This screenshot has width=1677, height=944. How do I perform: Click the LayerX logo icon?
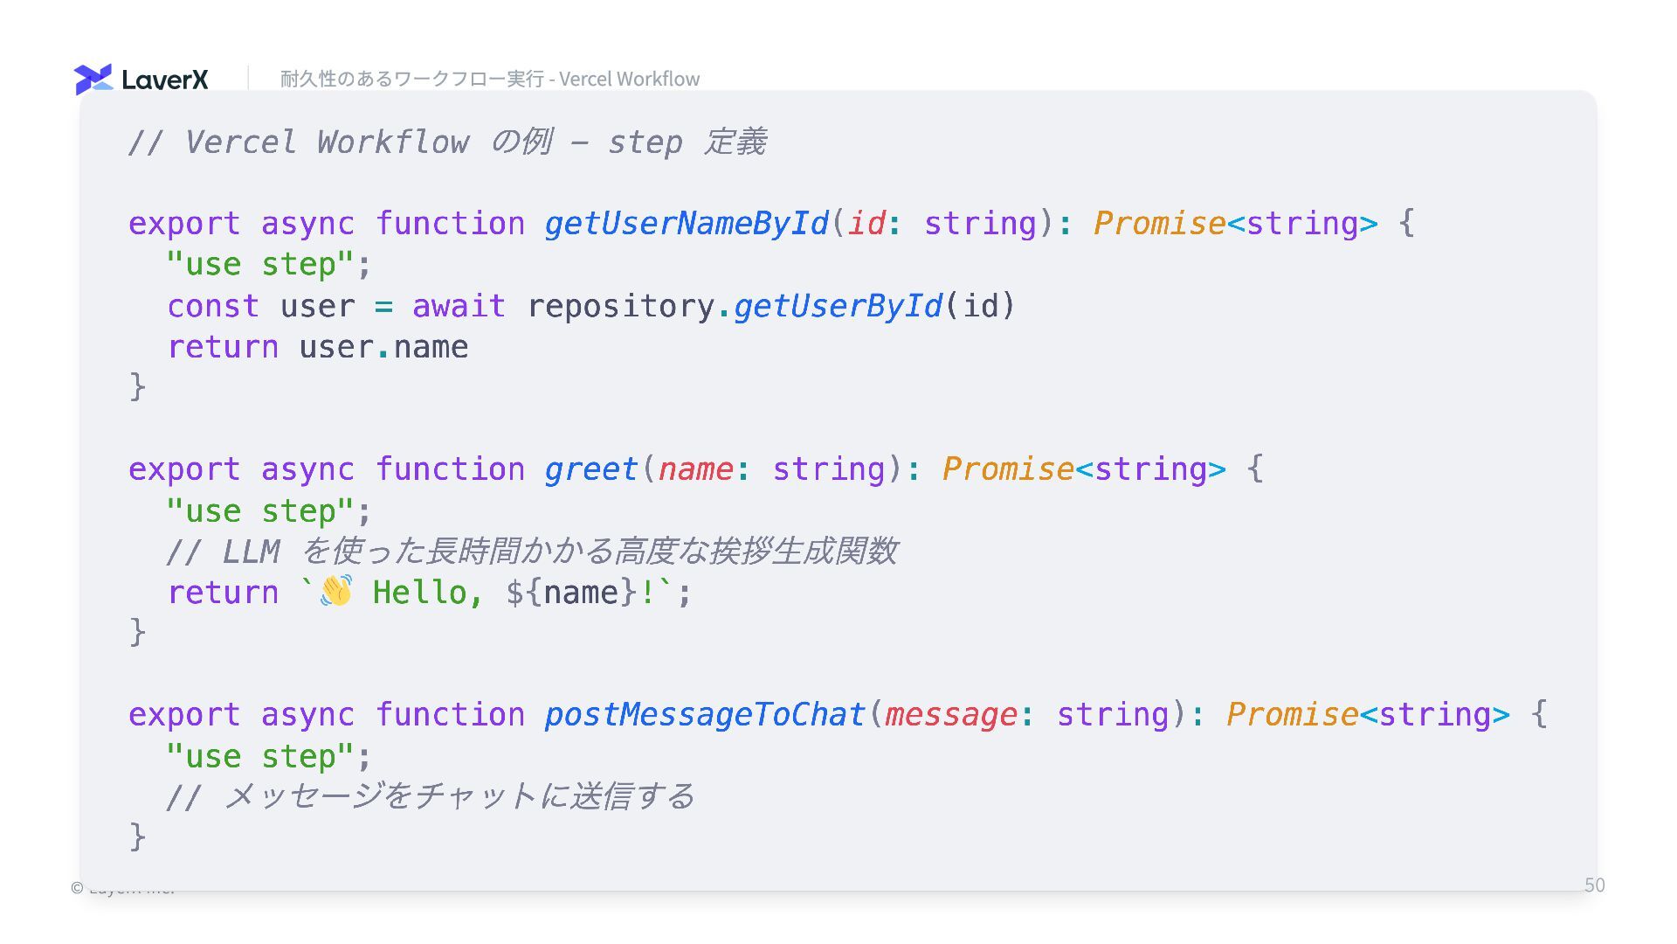93,79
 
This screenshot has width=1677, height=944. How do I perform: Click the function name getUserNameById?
687,224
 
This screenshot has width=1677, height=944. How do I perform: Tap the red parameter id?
866,224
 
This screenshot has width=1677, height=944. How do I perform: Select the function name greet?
591,469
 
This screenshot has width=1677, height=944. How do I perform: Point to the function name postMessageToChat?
705,715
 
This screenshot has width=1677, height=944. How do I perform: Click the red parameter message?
951,715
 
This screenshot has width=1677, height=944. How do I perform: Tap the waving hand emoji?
336,592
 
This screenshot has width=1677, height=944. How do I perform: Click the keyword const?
213,306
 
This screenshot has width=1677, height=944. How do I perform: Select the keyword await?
459,306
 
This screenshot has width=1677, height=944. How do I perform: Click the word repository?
621,306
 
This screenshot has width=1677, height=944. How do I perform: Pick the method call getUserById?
838,306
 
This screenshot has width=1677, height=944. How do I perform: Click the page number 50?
1594,885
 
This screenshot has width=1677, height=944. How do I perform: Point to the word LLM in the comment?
251,552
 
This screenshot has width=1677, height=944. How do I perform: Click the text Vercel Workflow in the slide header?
629,79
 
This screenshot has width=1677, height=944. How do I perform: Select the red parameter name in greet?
696,469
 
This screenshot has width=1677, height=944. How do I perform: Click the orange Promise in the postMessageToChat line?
1292,715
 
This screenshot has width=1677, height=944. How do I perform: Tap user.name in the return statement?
383,347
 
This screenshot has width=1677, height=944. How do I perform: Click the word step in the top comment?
645,142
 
